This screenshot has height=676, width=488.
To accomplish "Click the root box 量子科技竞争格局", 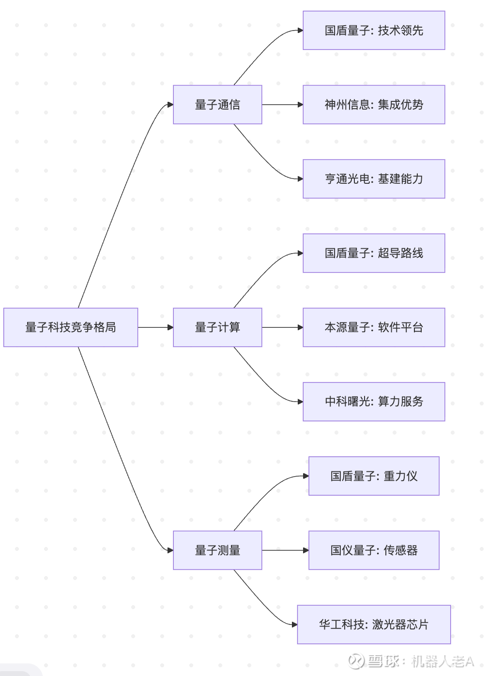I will coord(71,327).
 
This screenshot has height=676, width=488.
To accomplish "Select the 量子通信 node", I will coord(217,105).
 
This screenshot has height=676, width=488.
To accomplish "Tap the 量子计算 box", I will coord(217,327).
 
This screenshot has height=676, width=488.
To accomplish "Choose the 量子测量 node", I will coord(217,550).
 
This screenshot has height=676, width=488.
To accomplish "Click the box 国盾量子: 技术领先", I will coord(374,31).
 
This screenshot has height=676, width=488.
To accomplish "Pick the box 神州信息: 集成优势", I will coord(374,105).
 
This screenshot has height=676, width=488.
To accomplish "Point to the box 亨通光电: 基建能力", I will coord(374,179).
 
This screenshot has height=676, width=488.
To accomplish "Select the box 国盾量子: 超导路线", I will coord(374,253).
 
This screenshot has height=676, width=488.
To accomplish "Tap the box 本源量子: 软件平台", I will coord(374,327).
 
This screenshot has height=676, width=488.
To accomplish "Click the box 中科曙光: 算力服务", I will coord(374,402).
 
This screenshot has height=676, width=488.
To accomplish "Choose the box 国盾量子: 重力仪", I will coord(374,476).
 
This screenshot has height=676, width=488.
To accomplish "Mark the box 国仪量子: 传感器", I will coord(374,550).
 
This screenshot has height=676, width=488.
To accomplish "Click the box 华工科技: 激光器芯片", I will coord(374,625).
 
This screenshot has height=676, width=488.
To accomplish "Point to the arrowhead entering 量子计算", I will coord(170,327).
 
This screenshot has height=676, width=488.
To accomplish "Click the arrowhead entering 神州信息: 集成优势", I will coord(300,105).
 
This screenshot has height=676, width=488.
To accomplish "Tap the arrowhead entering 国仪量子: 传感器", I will coord(305,550).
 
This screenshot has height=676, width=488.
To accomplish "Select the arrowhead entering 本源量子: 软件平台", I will coord(300,327).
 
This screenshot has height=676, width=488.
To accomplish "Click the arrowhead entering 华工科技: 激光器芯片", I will coord(294,625).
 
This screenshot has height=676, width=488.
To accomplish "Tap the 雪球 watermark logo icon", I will coord(356,660).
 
